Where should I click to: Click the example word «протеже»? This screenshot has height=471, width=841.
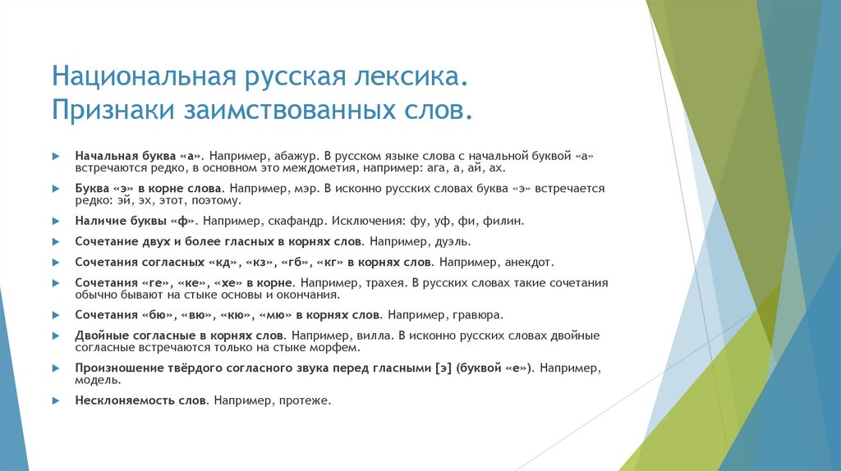(x=304, y=400)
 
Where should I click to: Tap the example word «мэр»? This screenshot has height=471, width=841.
(x=303, y=188)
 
